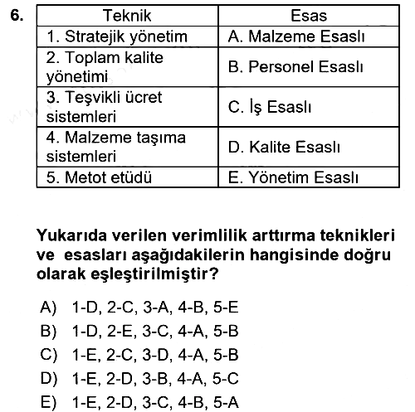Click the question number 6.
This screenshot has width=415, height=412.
tap(17, 15)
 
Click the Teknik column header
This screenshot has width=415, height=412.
tap(127, 16)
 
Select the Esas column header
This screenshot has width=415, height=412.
tap(309, 16)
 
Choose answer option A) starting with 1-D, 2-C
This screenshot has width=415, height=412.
tap(139, 307)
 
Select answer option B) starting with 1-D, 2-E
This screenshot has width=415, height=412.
tap(139, 331)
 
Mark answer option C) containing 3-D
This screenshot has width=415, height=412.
tap(139, 355)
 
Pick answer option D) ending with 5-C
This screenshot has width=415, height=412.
tap(139, 378)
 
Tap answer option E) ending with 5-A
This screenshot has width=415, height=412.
tap(139, 402)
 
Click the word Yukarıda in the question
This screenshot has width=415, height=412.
tap(71, 235)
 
